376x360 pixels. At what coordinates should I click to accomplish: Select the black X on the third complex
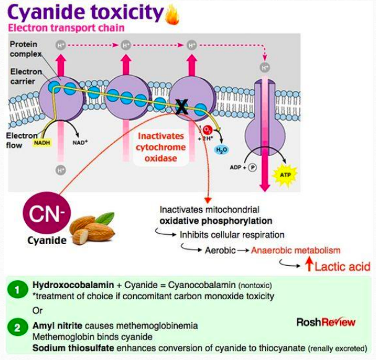(x=181, y=107)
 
